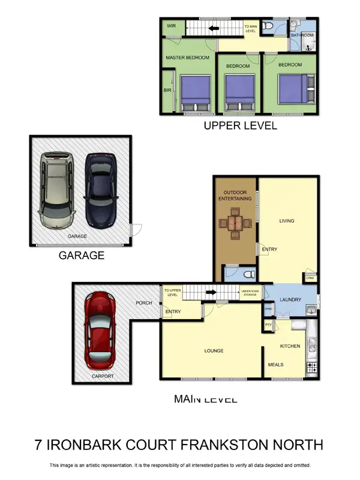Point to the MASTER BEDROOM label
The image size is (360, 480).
(187, 58)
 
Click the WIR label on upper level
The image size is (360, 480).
(171, 26)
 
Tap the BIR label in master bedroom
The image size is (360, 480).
(167, 91)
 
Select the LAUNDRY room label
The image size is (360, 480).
(290, 299)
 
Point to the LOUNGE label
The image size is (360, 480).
(214, 351)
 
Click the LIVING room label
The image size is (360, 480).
(287, 221)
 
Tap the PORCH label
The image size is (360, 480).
(143, 302)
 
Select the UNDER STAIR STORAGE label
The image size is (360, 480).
(250, 293)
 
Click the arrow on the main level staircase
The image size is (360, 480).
(211, 293)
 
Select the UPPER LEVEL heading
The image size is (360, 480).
(240, 125)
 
